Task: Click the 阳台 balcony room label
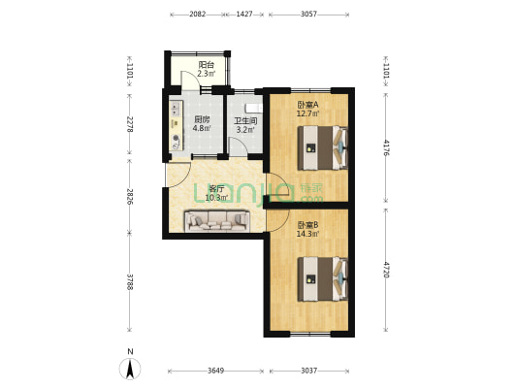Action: point(206,64)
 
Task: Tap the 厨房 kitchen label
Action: point(202,119)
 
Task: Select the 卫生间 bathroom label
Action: point(245,120)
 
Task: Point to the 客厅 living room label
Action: point(215,190)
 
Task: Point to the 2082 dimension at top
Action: point(197,15)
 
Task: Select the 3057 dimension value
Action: point(309,15)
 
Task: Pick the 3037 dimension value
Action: point(309,371)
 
